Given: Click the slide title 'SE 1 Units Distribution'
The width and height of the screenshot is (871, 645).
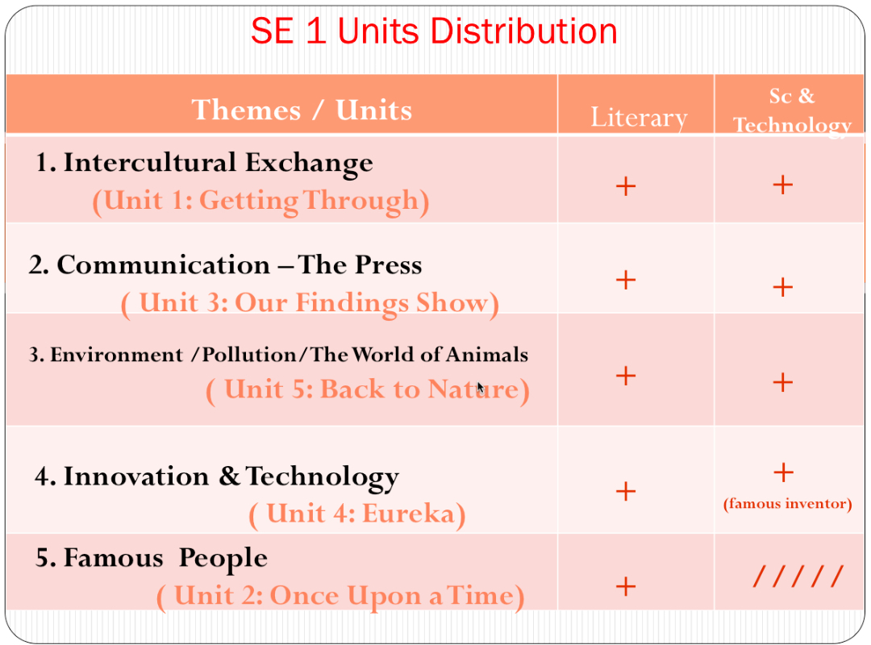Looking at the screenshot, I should (x=434, y=31).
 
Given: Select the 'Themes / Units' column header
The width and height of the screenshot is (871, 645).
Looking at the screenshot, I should (x=302, y=110).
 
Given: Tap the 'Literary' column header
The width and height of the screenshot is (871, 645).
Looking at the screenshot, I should (x=639, y=118).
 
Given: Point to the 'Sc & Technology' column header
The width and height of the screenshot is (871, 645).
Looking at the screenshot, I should (x=792, y=110).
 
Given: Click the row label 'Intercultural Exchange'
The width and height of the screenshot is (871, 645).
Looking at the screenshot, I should (x=204, y=163).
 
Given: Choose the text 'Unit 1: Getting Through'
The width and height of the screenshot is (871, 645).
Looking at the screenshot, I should (x=260, y=201).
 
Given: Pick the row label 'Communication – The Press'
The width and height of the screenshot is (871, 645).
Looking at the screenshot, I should (x=225, y=265).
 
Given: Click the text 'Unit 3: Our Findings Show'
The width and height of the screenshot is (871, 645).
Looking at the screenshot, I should (x=310, y=303).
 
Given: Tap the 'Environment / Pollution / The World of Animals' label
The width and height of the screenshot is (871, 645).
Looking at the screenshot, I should (x=279, y=355).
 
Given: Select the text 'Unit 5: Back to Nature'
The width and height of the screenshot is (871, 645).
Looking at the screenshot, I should (x=368, y=390).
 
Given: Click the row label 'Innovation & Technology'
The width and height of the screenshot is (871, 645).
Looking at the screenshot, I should (x=216, y=476).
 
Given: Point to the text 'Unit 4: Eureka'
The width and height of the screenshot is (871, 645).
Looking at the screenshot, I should (x=357, y=514).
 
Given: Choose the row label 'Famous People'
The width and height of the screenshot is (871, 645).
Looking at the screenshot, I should (x=151, y=558).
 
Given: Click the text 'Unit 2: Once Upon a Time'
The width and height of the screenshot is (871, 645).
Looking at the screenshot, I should (x=340, y=597).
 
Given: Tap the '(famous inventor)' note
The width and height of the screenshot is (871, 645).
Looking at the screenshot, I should (x=787, y=504).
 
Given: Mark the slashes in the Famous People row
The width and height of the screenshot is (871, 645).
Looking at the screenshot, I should (x=798, y=576).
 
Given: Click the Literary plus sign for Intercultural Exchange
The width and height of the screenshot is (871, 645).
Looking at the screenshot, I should (x=626, y=187).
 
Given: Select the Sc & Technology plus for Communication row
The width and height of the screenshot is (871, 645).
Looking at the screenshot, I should (x=782, y=287).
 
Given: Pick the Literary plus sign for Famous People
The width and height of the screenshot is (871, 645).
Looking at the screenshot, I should (x=626, y=586).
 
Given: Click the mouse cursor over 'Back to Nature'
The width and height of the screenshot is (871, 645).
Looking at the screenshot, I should (x=480, y=388).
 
